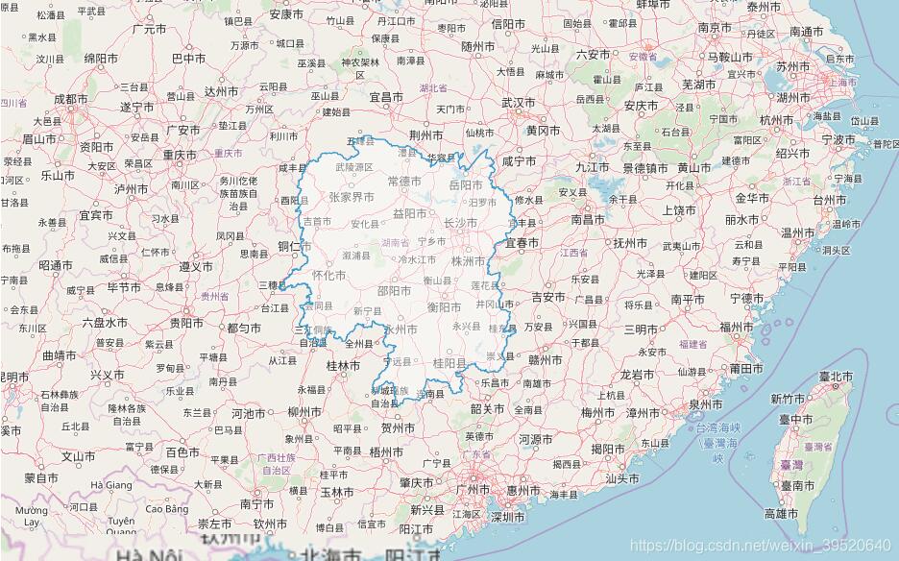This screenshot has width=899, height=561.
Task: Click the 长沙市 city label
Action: click(460, 223)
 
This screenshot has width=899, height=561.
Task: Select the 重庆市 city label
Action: click(180, 155)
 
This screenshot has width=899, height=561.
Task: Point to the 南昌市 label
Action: click(589, 219)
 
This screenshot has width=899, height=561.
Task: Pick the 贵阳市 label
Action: click(186, 323)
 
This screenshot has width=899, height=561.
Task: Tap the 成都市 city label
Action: click(70, 98)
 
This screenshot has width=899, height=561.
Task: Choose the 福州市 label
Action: click(738, 327)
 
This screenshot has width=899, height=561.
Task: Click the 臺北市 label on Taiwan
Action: click(836, 376)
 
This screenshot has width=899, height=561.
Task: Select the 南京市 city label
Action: click(716, 28)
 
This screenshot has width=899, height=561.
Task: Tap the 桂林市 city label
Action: click(343, 366)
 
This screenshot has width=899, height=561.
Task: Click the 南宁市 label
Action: click(257, 502)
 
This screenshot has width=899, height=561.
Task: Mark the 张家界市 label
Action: click(351, 197)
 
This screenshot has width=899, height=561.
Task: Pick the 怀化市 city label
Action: click(328, 276)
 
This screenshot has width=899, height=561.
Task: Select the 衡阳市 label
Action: click(445, 307)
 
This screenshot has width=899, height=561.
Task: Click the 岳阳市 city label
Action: click(466, 184)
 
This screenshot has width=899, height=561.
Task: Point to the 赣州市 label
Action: click(545, 360)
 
